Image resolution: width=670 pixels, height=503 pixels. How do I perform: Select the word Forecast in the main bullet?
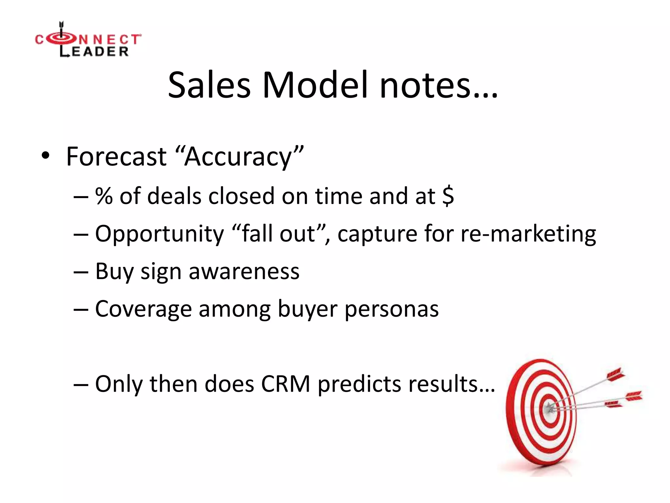[x=116, y=157]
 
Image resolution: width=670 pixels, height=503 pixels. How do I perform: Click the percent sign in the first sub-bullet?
[x=104, y=196]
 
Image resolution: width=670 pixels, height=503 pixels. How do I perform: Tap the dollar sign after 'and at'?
[x=448, y=196]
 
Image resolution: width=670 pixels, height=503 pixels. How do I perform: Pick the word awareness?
[x=244, y=271]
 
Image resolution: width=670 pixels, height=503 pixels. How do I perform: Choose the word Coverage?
[x=143, y=309]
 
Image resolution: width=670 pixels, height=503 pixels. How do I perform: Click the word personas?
[x=392, y=309]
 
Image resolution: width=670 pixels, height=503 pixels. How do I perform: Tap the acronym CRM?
[x=286, y=384]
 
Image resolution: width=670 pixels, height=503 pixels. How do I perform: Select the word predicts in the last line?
[x=359, y=384]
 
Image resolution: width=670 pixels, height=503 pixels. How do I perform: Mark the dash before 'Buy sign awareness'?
[x=81, y=271]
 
